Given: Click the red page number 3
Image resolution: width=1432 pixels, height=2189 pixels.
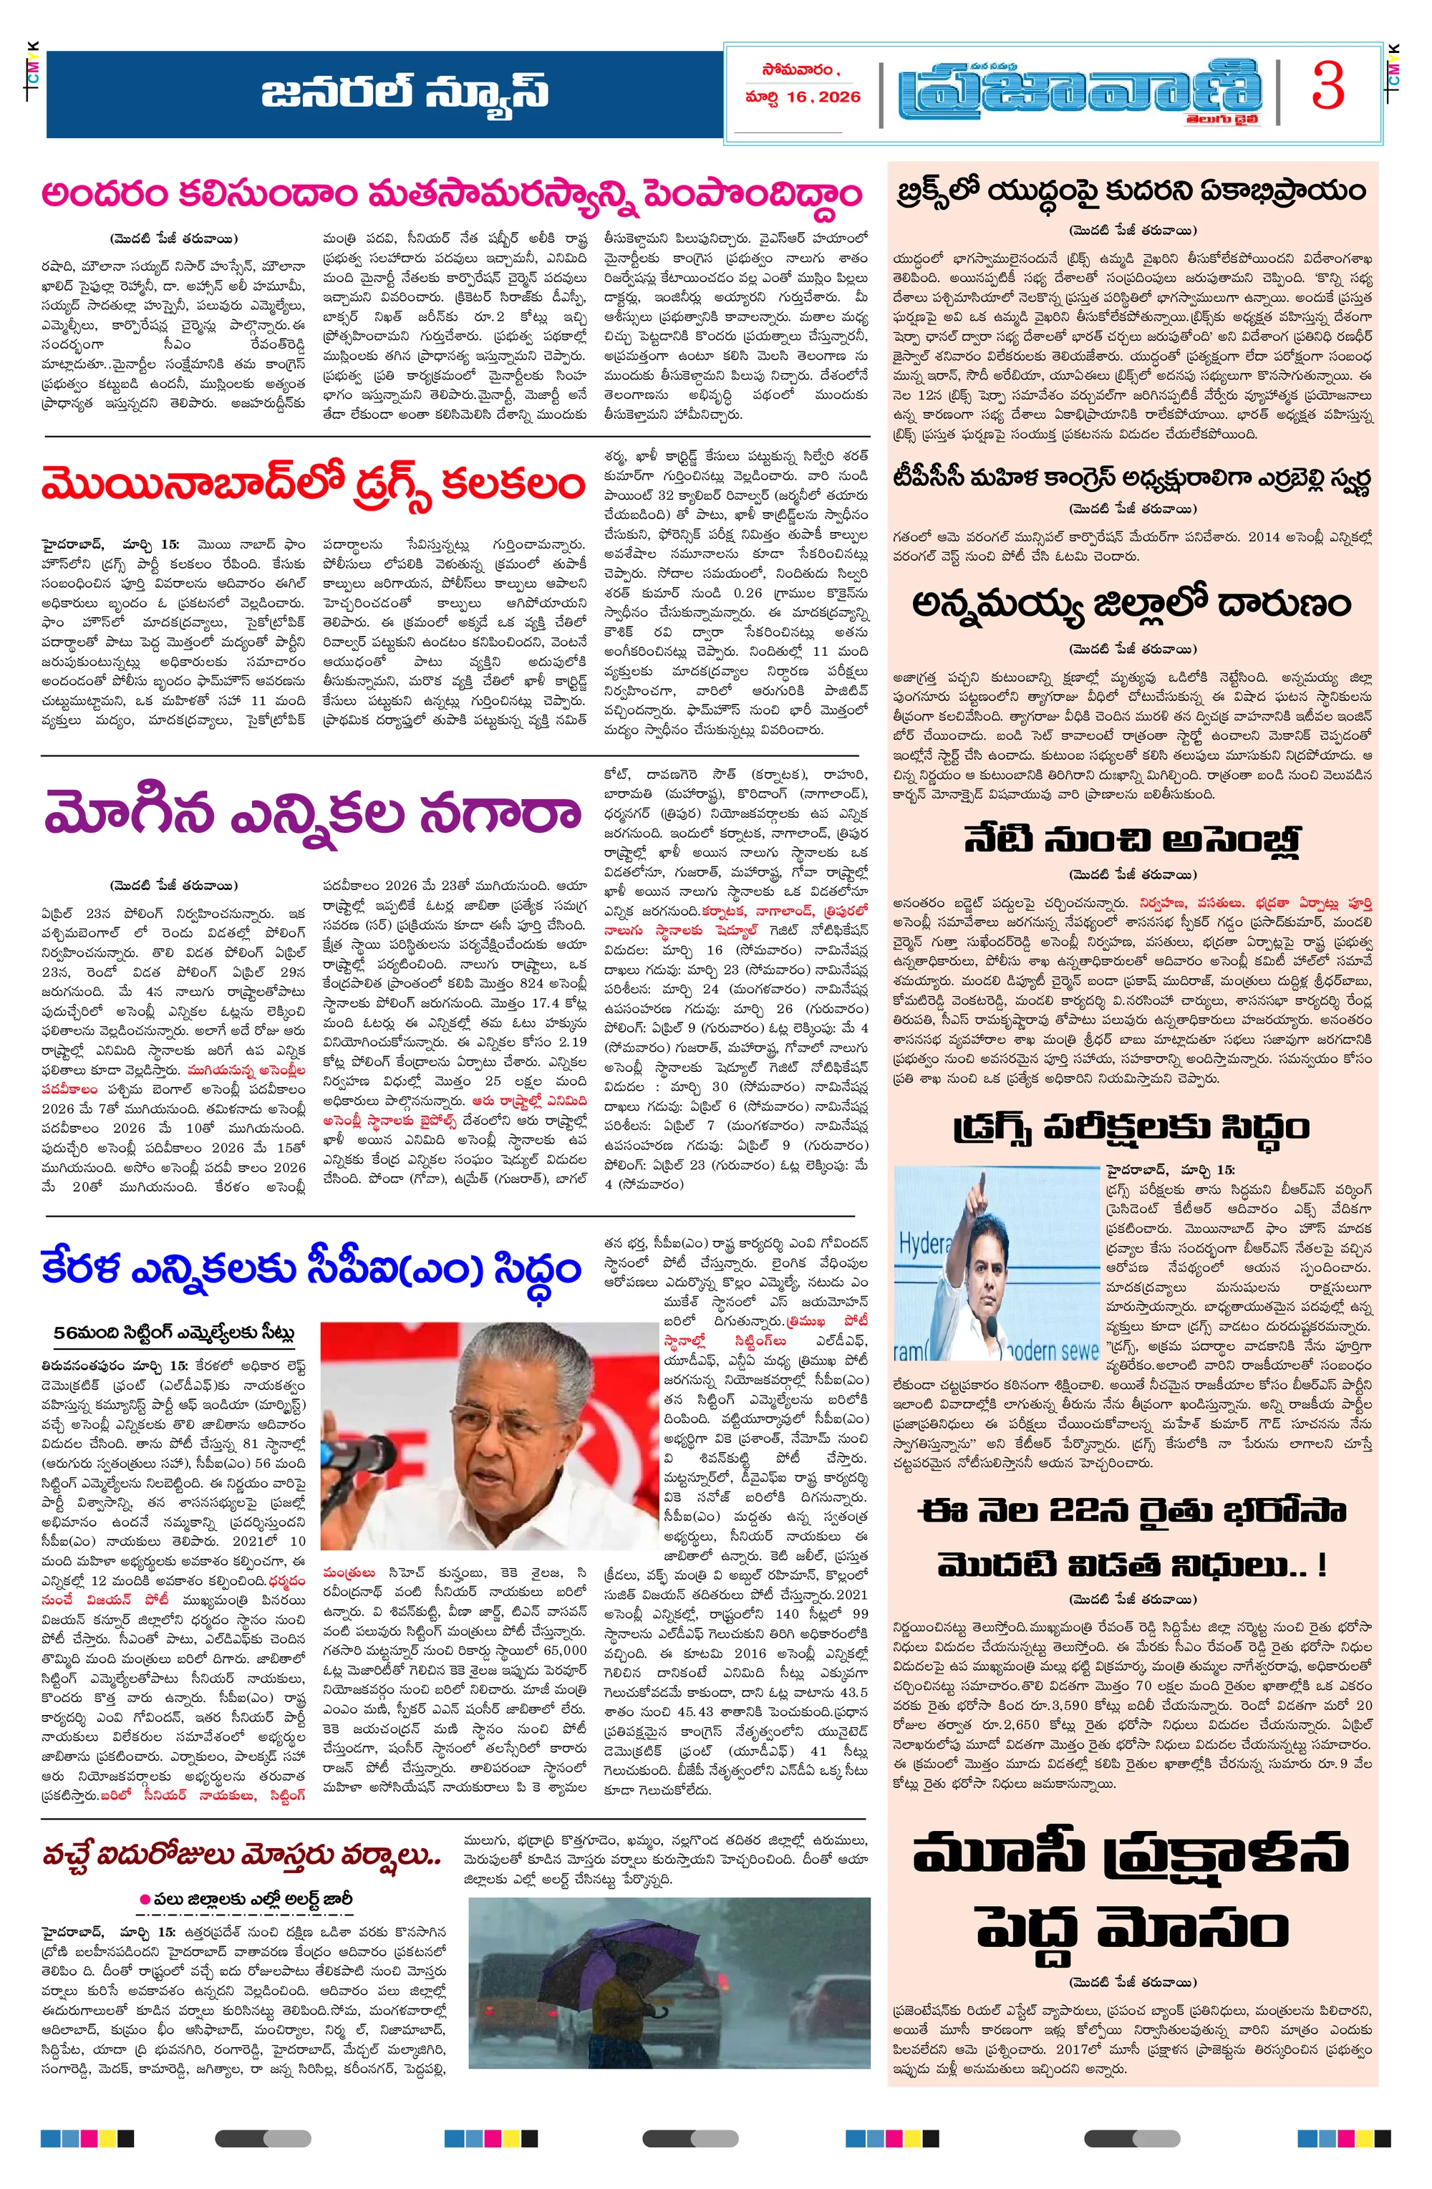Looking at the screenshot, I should (x=1327, y=88).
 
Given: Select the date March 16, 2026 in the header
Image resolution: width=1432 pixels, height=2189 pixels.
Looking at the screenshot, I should (x=803, y=97).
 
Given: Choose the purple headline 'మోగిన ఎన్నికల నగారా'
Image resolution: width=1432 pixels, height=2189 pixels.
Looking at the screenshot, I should (x=313, y=811).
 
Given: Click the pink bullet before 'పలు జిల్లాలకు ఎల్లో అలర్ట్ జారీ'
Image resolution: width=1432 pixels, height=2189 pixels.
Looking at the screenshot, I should (x=145, y=1898).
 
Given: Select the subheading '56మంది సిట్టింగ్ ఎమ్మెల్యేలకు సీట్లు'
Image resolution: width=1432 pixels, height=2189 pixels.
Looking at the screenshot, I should (x=174, y=1333).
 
